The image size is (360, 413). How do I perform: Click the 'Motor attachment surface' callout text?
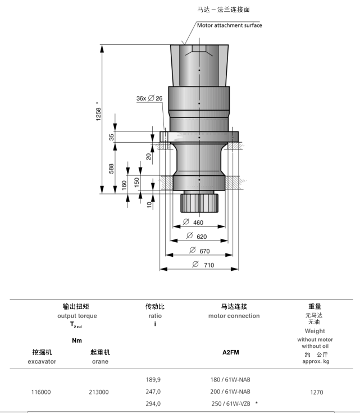[229, 25]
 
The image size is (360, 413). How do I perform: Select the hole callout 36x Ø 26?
[149, 98]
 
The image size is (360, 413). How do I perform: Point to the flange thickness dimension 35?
[111, 137]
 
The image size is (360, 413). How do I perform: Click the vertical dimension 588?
[111, 169]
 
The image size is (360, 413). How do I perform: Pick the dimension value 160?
[124, 185]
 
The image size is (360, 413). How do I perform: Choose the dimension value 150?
[136, 182]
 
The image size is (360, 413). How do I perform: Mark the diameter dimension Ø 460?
[193, 223]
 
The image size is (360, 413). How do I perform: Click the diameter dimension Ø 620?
[197, 236]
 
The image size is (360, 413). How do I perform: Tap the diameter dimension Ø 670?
[199, 251]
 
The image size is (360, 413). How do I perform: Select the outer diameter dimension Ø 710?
[203, 265]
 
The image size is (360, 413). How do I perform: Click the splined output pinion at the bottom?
[199, 203]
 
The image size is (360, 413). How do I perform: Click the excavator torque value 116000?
[41, 392]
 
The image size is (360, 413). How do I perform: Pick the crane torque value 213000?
[99, 392]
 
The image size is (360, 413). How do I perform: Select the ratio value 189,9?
[153, 379]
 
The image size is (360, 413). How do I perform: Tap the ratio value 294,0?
[153, 403]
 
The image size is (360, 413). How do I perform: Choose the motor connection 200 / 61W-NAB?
[230, 392]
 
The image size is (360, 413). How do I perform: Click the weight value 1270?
[317, 392]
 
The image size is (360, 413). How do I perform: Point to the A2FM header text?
[231, 352]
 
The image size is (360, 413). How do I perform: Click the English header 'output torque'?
[77, 316]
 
